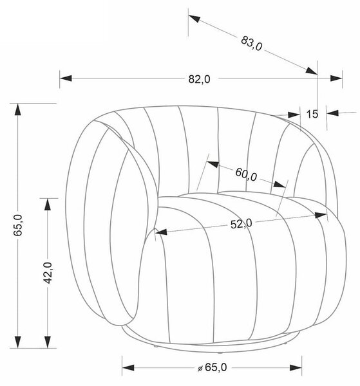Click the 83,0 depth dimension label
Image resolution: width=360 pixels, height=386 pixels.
252,43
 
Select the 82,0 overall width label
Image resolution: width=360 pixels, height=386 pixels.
200,79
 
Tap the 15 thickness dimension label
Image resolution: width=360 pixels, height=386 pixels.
312,114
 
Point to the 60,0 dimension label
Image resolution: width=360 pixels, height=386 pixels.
246,174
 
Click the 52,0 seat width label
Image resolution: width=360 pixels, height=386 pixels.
242,224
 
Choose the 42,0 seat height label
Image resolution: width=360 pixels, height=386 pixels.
48,273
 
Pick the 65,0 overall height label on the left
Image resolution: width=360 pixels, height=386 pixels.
18,225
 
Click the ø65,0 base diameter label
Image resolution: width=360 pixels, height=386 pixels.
212,367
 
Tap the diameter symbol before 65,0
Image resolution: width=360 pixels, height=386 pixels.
200,369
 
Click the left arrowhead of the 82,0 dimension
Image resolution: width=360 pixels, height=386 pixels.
66,78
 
